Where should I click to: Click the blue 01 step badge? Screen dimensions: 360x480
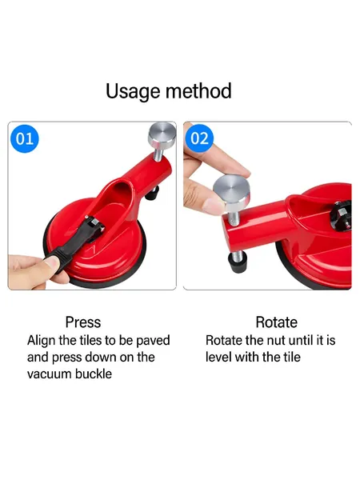click(25, 138)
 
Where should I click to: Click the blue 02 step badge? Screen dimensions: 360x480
click(199, 138)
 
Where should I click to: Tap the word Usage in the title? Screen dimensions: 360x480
click(133, 91)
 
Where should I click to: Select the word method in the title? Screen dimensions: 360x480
click(198, 91)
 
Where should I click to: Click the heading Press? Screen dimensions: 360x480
click(83, 322)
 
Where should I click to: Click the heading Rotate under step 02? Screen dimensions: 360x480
click(277, 322)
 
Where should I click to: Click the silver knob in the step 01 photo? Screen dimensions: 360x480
click(162, 134)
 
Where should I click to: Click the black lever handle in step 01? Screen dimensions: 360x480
click(73, 242)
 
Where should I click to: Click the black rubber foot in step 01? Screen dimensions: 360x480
click(152, 194)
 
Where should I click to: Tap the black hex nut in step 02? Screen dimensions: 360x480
click(341, 213)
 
